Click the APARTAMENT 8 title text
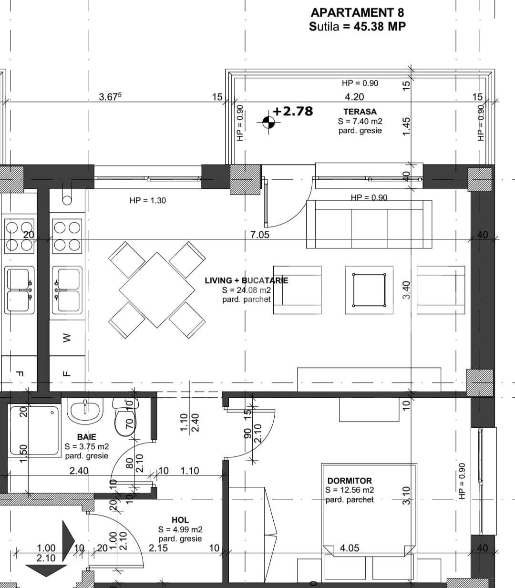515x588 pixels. tap(357, 12)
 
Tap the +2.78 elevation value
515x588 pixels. tap(293, 111)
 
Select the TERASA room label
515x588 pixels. tap(360, 112)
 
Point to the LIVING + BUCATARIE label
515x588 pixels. tap(246, 280)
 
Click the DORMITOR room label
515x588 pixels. tap(350, 481)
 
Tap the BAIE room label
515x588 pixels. tap(86, 437)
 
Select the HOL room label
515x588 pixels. tap(180, 520)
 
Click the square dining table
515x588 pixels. tap(157, 290)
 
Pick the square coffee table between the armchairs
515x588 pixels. tap(369, 290)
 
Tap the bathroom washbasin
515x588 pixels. tap(85, 411)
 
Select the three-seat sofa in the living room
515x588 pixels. tap(369, 224)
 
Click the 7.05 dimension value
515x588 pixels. tap(259, 235)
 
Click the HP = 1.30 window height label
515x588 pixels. tap(147, 201)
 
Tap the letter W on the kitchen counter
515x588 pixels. tap(66, 338)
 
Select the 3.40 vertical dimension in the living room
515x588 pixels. tap(406, 290)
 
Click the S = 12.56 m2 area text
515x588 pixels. tap(350, 490)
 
